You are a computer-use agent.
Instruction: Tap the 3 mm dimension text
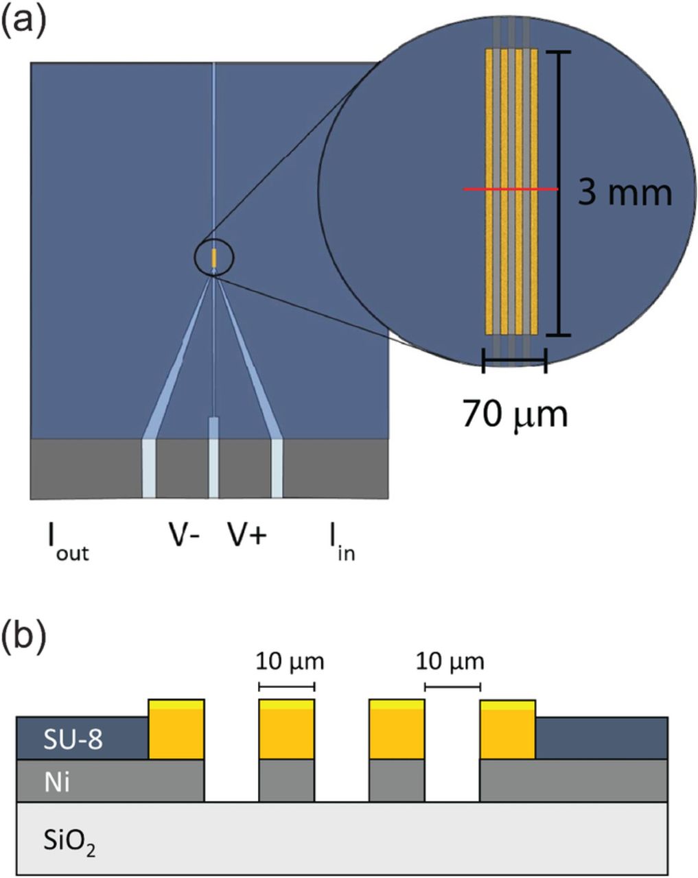pyautogui.click(x=624, y=193)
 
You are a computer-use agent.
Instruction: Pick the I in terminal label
pyautogui.click(x=340, y=543)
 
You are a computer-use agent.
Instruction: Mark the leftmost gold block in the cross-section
pyautogui.click(x=176, y=730)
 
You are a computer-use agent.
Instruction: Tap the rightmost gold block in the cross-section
pyautogui.click(x=507, y=730)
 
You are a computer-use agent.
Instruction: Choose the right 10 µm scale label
pyautogui.click(x=450, y=662)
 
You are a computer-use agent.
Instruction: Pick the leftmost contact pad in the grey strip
pyautogui.click(x=149, y=468)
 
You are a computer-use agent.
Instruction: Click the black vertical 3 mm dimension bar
pyautogui.click(x=561, y=193)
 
